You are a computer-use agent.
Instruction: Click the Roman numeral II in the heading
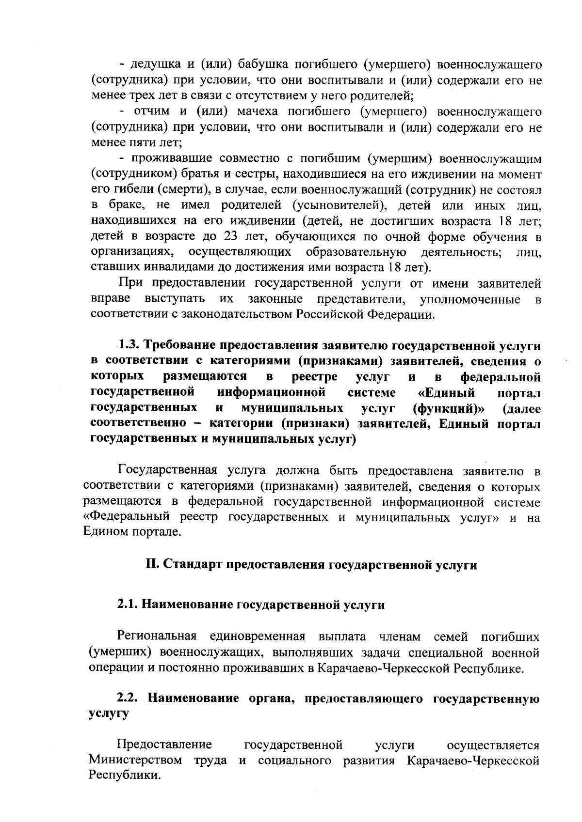point(151,565)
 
